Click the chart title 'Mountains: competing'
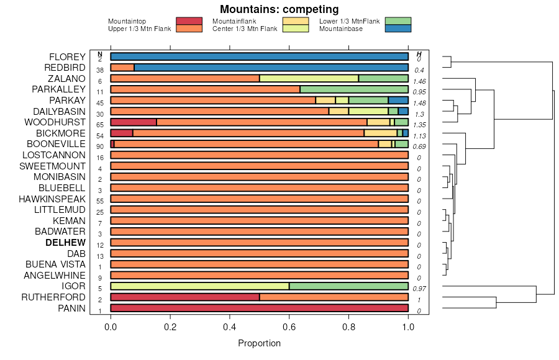(x=279, y=9)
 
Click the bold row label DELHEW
(x=65, y=243)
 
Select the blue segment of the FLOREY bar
(x=259, y=56)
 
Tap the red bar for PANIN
(x=259, y=308)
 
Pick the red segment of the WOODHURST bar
(x=134, y=122)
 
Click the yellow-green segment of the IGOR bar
(x=199, y=286)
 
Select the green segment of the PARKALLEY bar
(x=354, y=89)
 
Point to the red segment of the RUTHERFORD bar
(x=185, y=297)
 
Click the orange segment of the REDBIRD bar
(x=122, y=68)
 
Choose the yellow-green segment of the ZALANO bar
(x=309, y=78)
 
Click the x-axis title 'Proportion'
(x=259, y=343)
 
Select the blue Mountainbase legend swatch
(x=398, y=29)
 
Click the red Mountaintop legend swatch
(x=189, y=21)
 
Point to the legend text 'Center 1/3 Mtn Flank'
(x=245, y=29)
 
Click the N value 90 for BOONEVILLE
(x=100, y=146)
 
